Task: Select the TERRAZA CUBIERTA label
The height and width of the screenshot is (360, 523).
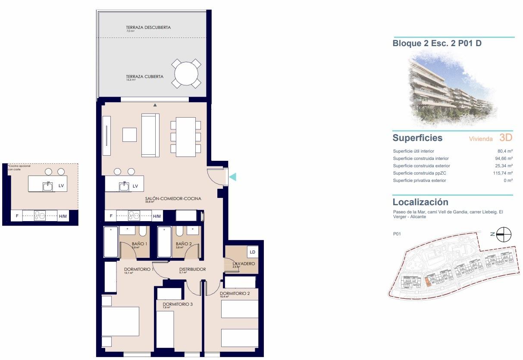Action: (x=144, y=77)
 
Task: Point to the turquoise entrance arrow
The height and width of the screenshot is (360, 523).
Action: (x=232, y=176)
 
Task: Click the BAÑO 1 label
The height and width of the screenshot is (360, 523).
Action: (x=140, y=244)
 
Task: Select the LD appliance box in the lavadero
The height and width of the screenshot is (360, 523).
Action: (x=252, y=252)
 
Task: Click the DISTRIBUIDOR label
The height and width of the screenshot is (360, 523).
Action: (x=192, y=269)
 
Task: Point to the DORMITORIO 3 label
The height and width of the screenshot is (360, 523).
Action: (x=178, y=304)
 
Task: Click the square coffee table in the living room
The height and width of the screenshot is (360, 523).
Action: (x=129, y=135)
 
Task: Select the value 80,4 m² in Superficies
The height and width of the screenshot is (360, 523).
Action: (x=504, y=151)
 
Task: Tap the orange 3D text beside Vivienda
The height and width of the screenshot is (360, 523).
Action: (x=505, y=138)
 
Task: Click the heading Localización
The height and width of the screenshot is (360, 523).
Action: (x=420, y=202)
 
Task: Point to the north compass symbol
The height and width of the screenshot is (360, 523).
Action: (x=504, y=235)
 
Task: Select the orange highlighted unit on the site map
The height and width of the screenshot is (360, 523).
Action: (x=427, y=282)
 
